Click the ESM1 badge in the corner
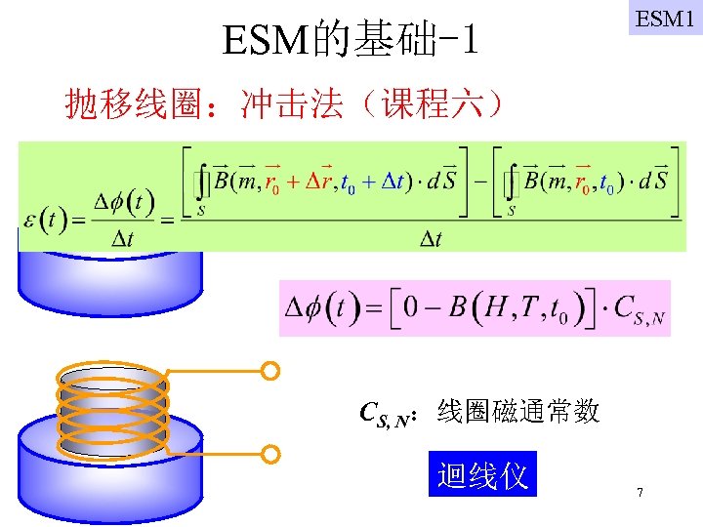665,18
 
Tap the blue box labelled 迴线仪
482,475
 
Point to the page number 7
640,493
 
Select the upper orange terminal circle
271,371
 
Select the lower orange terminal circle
271,454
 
